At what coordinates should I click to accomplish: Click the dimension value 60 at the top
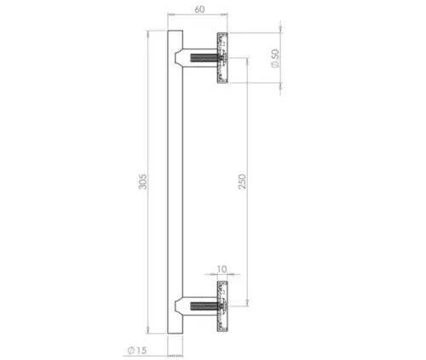click(x=199, y=9)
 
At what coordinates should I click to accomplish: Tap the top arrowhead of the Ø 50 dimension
click(x=265, y=35)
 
